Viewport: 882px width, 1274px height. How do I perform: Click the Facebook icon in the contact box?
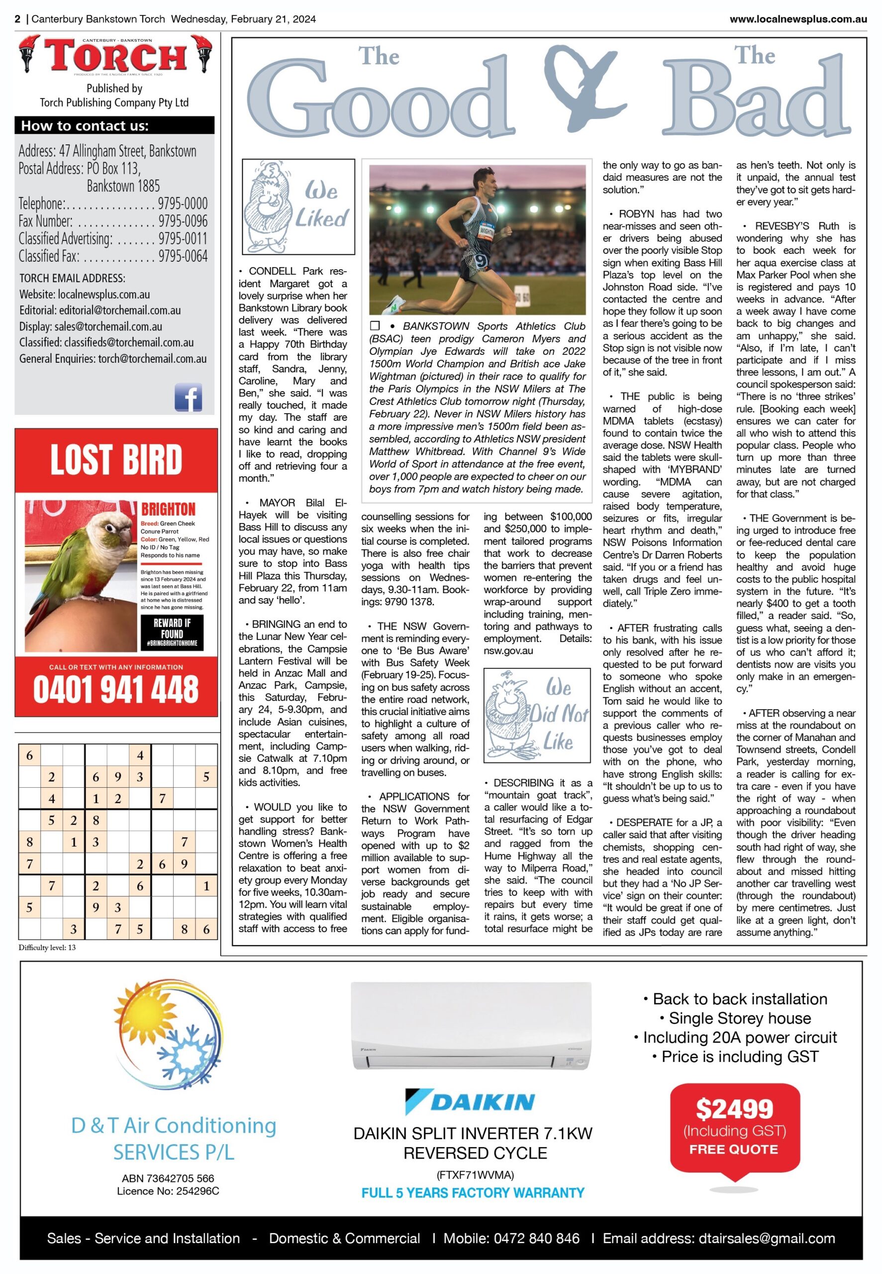click(x=189, y=397)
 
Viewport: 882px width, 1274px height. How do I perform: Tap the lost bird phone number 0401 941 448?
click(x=116, y=689)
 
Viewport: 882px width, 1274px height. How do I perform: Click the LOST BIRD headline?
click(x=116, y=460)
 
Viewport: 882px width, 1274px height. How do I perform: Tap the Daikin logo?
click(x=470, y=1101)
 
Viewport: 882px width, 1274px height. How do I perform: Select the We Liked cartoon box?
click(x=298, y=207)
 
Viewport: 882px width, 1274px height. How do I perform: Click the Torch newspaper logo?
click(x=115, y=55)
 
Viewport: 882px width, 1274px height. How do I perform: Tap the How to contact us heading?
click(x=85, y=126)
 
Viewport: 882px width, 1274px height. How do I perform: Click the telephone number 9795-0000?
click(x=183, y=204)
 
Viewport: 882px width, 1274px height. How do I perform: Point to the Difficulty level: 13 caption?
click(x=48, y=948)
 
